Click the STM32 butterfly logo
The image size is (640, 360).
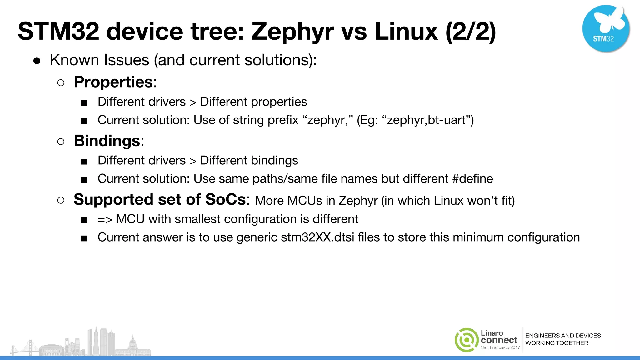(x=606, y=28)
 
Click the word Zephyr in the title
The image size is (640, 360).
(x=292, y=32)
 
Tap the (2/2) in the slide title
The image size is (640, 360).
(x=471, y=32)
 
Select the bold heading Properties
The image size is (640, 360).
(x=113, y=82)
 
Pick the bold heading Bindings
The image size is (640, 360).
(x=107, y=141)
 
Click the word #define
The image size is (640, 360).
(x=472, y=179)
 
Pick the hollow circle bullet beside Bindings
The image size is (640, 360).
(x=61, y=142)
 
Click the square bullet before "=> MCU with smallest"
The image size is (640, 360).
(x=84, y=220)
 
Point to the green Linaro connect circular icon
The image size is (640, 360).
(x=467, y=340)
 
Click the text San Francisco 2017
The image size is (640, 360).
(x=500, y=347)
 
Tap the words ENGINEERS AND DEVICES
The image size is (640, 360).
(x=563, y=336)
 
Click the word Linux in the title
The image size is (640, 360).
(x=406, y=32)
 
